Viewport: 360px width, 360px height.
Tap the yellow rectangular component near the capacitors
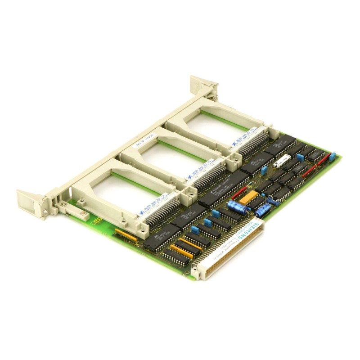point(249,197)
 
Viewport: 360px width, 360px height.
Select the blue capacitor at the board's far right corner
point(333,156)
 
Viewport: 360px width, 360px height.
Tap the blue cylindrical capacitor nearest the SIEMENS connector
point(264,208)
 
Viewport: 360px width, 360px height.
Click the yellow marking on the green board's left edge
point(96,220)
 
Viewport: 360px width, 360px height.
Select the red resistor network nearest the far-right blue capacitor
point(312,170)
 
